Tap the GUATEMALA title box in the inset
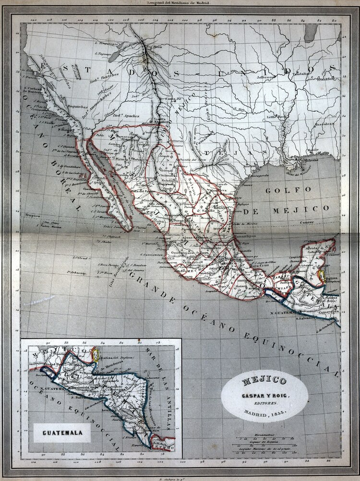[x=62, y=433]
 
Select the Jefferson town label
[x=266, y=77]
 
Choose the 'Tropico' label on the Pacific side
[x=33, y=215]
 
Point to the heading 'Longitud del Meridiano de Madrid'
[x=180, y=3]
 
